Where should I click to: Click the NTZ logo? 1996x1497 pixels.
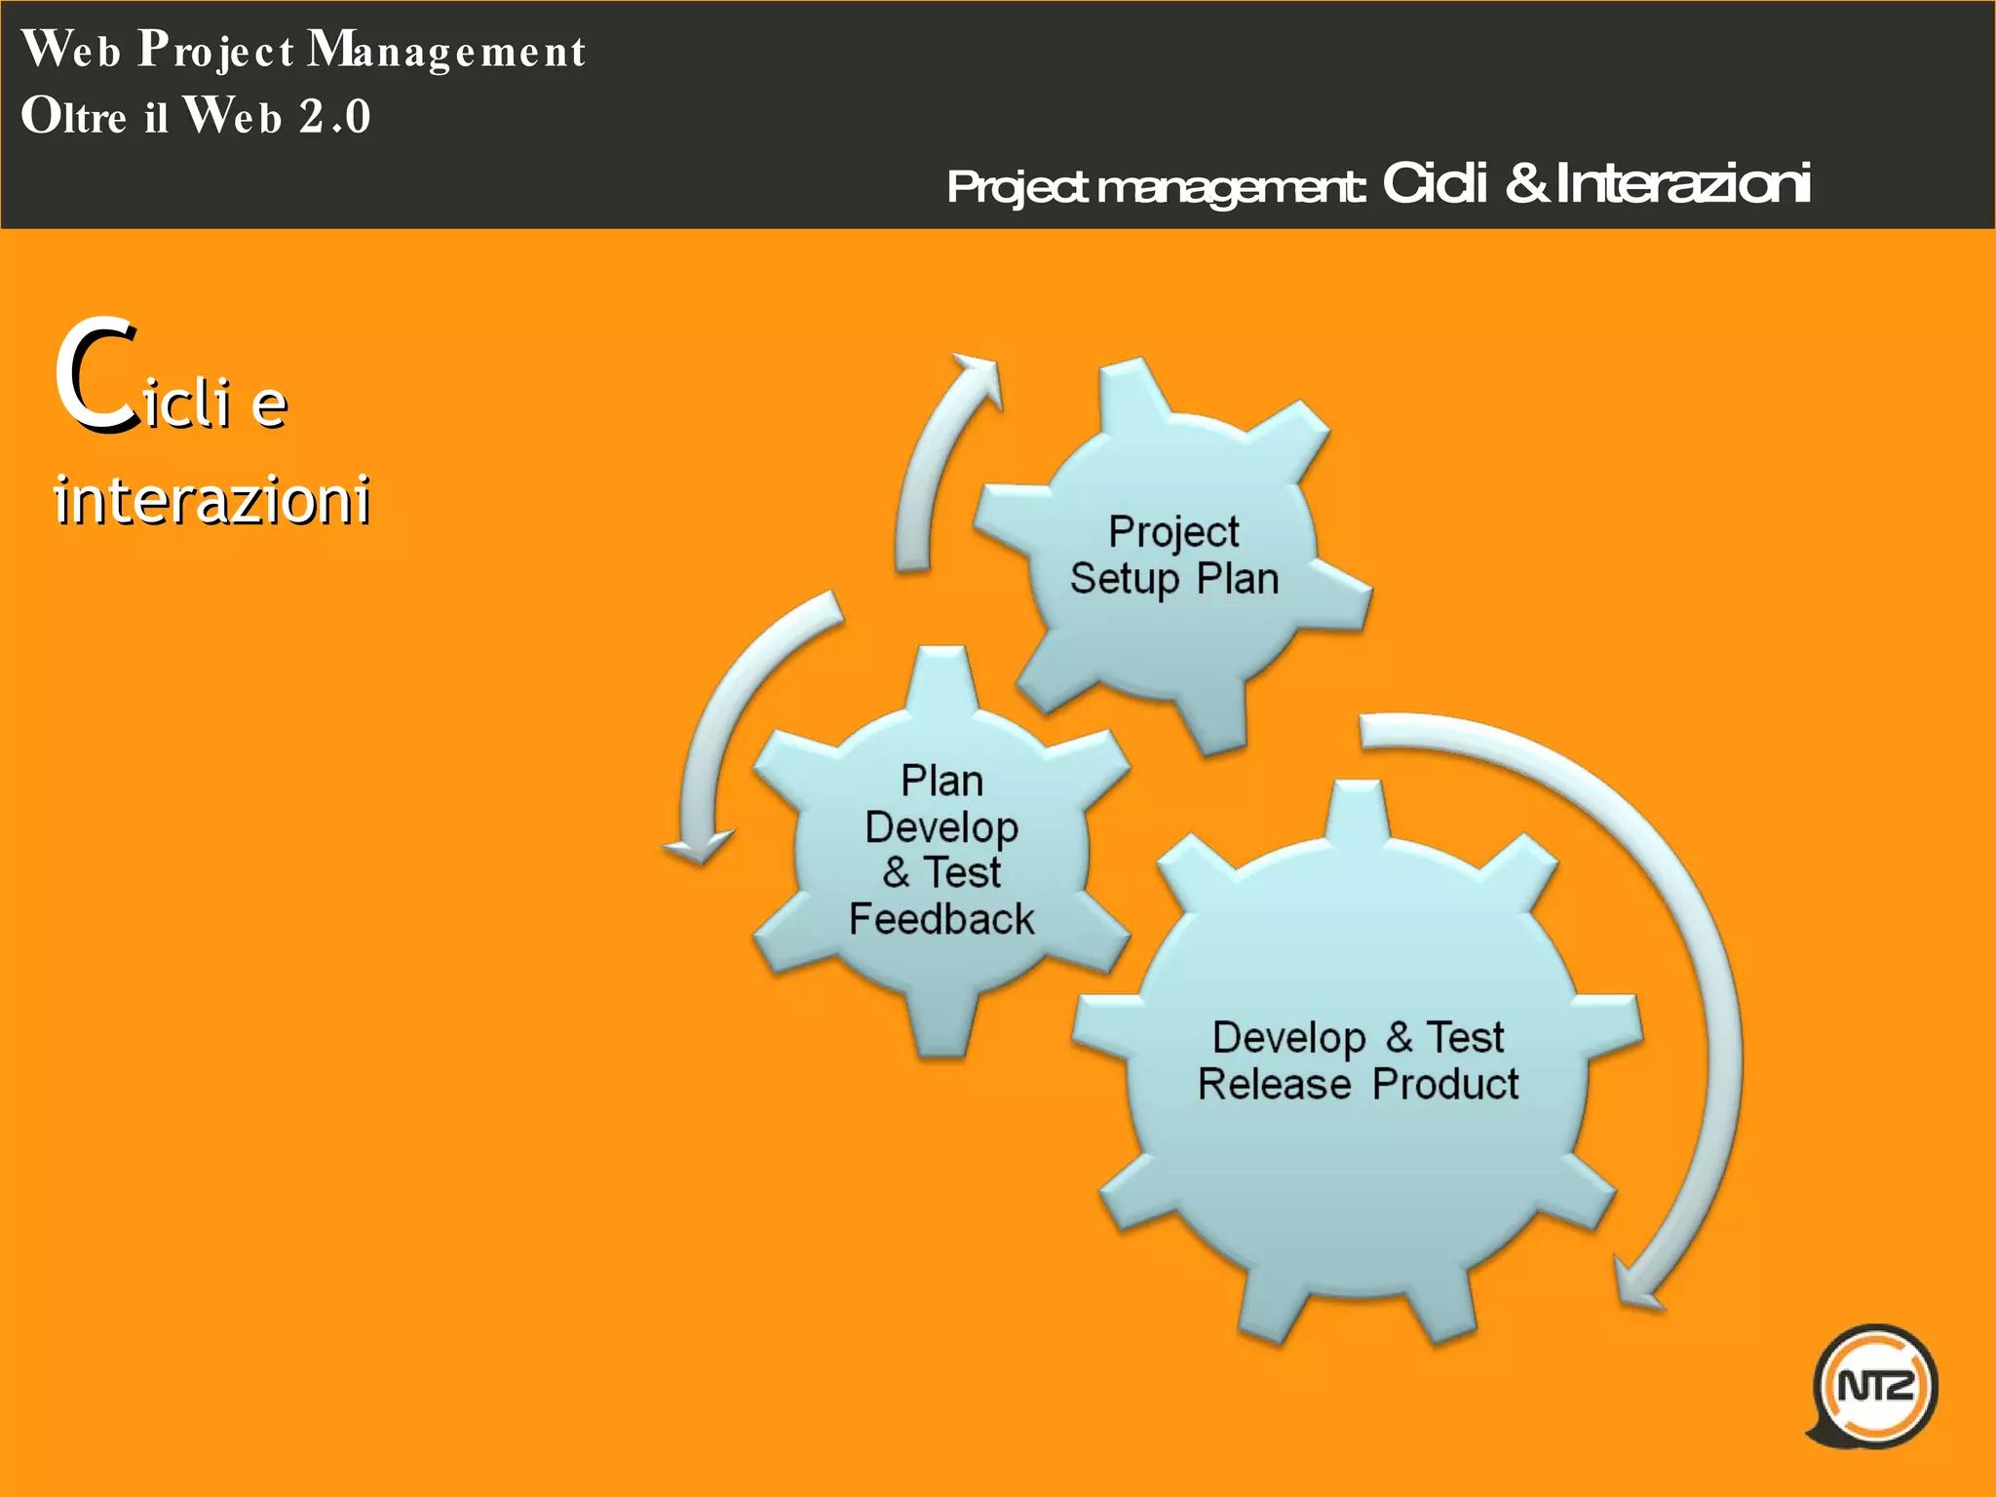[x=1873, y=1385]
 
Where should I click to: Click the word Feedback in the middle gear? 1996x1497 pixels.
[x=940, y=919]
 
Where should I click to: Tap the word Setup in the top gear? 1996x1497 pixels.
[x=1125, y=579]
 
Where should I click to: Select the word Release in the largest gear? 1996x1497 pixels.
[x=1274, y=1084]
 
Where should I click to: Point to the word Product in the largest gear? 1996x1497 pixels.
[x=1445, y=1084]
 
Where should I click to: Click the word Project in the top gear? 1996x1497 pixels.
[x=1173, y=532]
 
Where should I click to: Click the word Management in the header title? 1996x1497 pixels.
[x=446, y=51]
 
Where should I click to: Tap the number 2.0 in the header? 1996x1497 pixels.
[x=334, y=117]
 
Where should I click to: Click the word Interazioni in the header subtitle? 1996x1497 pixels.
[x=1683, y=183]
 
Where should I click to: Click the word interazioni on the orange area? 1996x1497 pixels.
[x=211, y=499]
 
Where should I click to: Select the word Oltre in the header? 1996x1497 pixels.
[x=74, y=117]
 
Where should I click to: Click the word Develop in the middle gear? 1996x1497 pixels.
[x=941, y=826]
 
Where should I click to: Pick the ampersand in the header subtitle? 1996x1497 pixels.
[x=1527, y=183]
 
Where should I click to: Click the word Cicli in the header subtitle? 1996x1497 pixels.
[x=1435, y=183]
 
